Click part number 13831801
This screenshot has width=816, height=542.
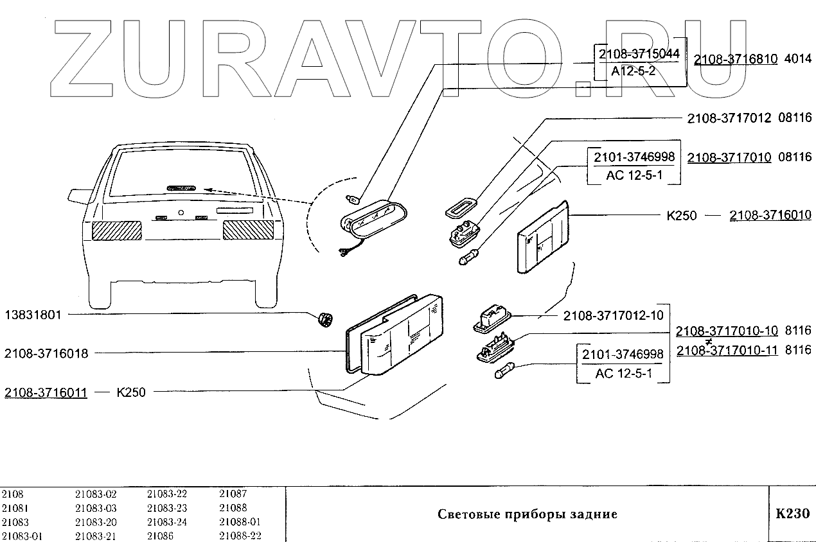(x=33, y=315)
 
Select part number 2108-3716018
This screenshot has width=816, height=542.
(x=46, y=353)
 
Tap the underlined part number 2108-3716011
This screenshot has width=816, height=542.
(x=46, y=392)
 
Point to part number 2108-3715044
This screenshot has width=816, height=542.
(x=639, y=54)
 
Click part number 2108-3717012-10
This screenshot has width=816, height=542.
(x=613, y=315)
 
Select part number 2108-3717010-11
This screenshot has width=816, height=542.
(x=727, y=350)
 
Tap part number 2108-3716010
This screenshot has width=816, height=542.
(x=770, y=215)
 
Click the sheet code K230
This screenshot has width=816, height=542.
(x=792, y=514)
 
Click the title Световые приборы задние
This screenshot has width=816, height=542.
(x=527, y=514)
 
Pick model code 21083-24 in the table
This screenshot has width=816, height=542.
(x=167, y=522)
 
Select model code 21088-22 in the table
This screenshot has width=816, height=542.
(x=240, y=536)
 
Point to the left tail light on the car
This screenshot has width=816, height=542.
(x=117, y=230)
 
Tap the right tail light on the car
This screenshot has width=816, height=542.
(x=247, y=230)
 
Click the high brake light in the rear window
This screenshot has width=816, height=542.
(x=181, y=188)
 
